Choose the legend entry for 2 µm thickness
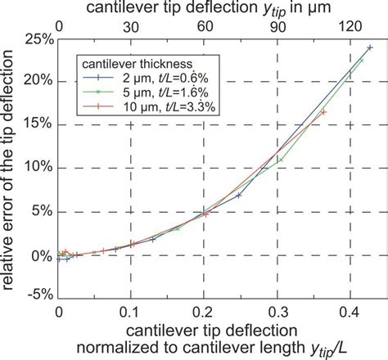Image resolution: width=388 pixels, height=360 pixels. point(147,79)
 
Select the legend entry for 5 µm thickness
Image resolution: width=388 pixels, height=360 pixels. point(147,92)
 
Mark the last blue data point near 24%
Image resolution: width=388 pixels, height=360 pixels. point(369,47)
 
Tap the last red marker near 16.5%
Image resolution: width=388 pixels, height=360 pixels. point(324,112)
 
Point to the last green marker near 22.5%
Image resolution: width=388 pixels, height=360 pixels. point(361,61)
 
